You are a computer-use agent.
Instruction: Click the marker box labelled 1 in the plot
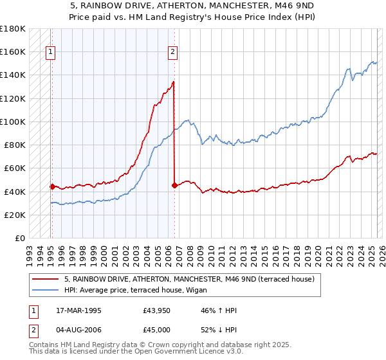pos(50,53)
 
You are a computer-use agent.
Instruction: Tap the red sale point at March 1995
pos(52,186)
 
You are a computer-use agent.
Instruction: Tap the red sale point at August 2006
pos(174,185)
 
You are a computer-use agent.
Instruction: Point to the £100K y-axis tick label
pos(12,122)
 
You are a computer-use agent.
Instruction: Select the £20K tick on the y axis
pos(15,215)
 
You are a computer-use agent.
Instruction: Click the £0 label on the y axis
pos(19,239)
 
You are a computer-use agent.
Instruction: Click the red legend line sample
pos(46,279)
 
